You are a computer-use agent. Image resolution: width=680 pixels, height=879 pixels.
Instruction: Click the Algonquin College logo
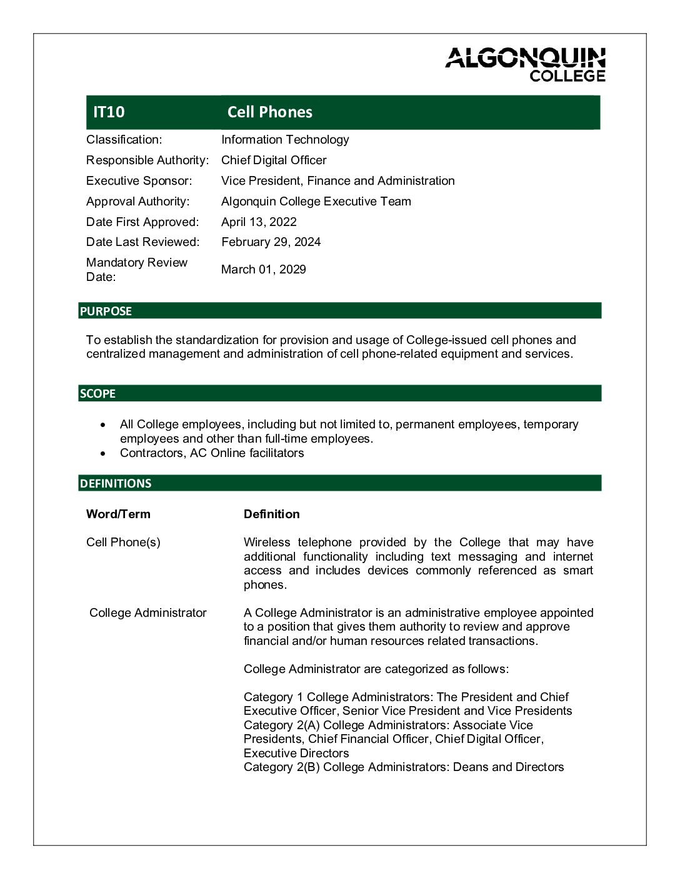point(526,64)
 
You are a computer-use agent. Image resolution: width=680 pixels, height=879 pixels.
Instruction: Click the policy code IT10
point(109,112)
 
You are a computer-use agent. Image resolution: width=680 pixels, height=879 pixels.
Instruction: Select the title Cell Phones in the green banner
point(269,112)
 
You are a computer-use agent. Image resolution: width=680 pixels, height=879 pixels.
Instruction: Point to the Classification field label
point(124,140)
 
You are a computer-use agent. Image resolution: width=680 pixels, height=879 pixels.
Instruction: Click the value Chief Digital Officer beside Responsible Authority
point(274,160)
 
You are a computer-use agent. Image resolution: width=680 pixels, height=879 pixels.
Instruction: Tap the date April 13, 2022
point(259,222)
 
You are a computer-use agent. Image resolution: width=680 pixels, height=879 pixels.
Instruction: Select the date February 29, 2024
point(271,242)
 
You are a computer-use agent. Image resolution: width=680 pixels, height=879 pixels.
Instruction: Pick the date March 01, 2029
point(263,270)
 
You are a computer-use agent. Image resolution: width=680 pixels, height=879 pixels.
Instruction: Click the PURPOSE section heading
point(106,312)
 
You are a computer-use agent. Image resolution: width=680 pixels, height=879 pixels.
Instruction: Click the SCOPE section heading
point(97,394)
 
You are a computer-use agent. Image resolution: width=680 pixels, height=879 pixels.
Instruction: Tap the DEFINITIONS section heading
point(116,484)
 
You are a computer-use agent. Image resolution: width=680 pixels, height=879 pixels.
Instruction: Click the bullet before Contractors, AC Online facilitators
point(103,454)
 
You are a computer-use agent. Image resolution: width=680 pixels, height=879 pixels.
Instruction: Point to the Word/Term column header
point(118,514)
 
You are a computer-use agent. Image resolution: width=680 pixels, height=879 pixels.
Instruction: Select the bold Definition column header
point(271,514)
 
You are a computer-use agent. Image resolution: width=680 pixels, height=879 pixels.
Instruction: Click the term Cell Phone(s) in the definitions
point(123,543)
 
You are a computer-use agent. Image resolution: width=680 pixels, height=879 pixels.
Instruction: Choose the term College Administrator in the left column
point(147,613)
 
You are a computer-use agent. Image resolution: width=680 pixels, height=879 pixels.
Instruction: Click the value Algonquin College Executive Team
point(316,202)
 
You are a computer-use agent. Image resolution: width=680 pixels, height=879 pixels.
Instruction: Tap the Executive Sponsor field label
point(139,181)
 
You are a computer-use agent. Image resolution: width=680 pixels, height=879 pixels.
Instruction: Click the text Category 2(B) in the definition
point(281,767)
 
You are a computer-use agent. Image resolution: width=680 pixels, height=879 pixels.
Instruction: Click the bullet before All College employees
point(103,425)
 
